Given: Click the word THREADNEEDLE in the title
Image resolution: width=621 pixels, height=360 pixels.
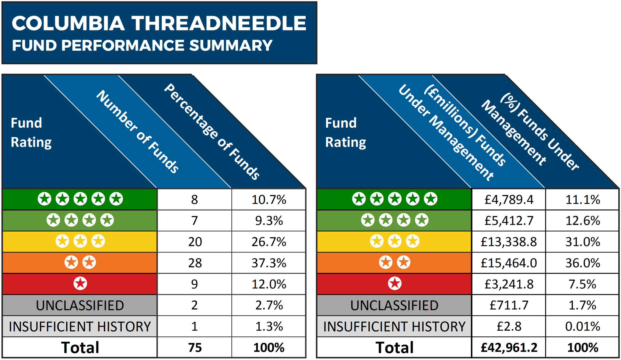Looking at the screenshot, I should pos(219,23).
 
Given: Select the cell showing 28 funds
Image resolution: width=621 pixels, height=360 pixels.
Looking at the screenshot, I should pos(195,263).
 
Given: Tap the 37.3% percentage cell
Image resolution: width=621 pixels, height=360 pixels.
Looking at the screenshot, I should pos(269,263).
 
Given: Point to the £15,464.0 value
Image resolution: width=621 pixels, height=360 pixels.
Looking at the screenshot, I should pos(509,263).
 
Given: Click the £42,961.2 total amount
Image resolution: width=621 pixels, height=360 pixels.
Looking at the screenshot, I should pos(509,348).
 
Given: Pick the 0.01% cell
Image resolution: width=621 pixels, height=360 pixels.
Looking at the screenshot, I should pos(582,326).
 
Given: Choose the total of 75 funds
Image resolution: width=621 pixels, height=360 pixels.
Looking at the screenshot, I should pos(195,348).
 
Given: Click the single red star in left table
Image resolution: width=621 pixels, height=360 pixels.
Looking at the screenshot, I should pos(80,284).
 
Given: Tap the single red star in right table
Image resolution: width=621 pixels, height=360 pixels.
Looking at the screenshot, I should pos(395,284).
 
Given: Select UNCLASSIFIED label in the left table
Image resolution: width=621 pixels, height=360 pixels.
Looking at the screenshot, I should pos(80,305).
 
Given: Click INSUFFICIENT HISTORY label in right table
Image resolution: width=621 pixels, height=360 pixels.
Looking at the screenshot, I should pos(394,326).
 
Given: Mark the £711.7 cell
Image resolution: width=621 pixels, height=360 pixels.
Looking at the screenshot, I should pos(509,305).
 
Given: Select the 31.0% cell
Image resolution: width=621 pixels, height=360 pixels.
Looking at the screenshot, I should pos(582,242).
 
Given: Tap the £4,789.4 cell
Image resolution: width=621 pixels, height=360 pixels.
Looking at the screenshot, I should pos(509,200).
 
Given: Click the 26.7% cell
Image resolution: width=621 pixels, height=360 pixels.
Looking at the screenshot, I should pos(269,242).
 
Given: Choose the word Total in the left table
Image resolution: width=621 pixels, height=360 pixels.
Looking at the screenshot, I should pos(80,348).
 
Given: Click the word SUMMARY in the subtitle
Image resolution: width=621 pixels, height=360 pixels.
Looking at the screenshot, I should pos(231,46).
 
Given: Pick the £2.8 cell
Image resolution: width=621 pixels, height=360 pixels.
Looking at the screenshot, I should pos(509,326).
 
